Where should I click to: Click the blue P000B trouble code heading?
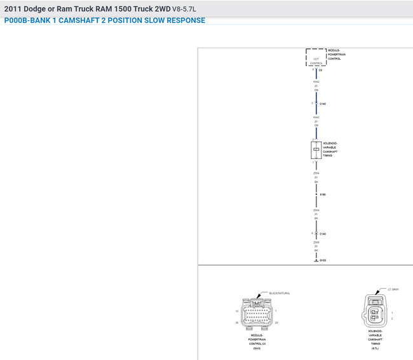pos(105,20)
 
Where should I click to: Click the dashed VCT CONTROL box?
pos(316,57)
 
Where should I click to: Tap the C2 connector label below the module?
pos(320,70)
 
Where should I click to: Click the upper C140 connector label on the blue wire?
pos(323,104)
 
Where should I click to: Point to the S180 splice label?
pos(323,195)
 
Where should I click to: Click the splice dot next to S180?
pos(316,195)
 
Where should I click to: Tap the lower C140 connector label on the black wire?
pos(323,234)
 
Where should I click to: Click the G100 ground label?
pos(323,260)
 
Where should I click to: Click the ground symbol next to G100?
pos(316,261)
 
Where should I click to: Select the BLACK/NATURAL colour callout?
pos(280,293)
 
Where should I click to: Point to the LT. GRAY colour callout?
pos(394,289)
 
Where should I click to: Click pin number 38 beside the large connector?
pos(237,323)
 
